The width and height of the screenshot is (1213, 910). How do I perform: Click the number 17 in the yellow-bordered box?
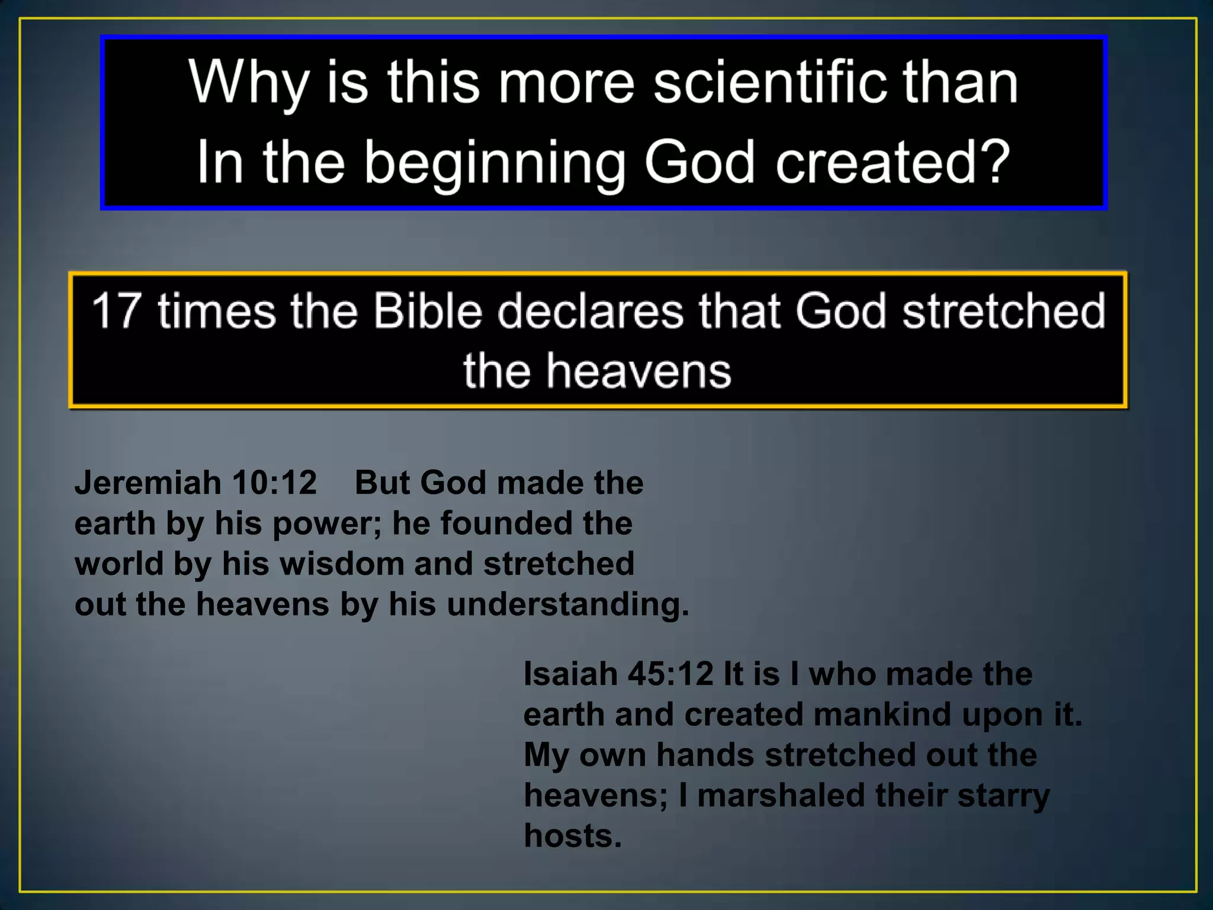[116, 310]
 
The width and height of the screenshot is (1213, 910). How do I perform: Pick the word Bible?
[428, 310]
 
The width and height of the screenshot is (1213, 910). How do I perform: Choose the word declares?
[590, 310]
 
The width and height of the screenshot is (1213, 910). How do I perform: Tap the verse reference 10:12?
[274, 483]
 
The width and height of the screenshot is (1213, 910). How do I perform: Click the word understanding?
[567, 605]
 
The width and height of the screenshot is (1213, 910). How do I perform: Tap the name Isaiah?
[570, 674]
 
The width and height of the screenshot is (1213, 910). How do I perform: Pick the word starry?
[1003, 796]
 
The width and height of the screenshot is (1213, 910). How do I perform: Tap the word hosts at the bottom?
[572, 836]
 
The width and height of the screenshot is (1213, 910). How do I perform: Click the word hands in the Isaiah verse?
[705, 755]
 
